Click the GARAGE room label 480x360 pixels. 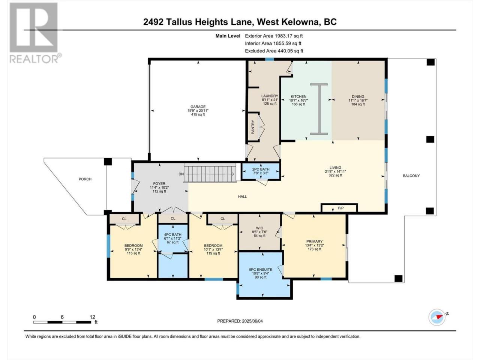pos(198,106)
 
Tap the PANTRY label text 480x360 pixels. pos(253,127)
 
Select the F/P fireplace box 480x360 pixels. pos(339,208)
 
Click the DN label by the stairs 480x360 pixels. pos(181,174)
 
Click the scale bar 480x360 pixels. pos(62,322)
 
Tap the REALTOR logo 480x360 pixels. pos(34,33)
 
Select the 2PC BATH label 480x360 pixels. pos(261,169)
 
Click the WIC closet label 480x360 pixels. pos(259,228)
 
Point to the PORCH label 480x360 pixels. pos(85,179)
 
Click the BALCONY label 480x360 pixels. pos(411,175)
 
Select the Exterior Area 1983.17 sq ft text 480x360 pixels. pos(274,36)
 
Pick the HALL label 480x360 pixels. pos(242,196)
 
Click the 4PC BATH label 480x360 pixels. pos(172,234)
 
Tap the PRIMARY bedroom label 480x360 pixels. pos(315,241)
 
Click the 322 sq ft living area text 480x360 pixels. pos(335,175)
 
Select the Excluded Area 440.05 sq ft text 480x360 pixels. pos(274,51)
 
